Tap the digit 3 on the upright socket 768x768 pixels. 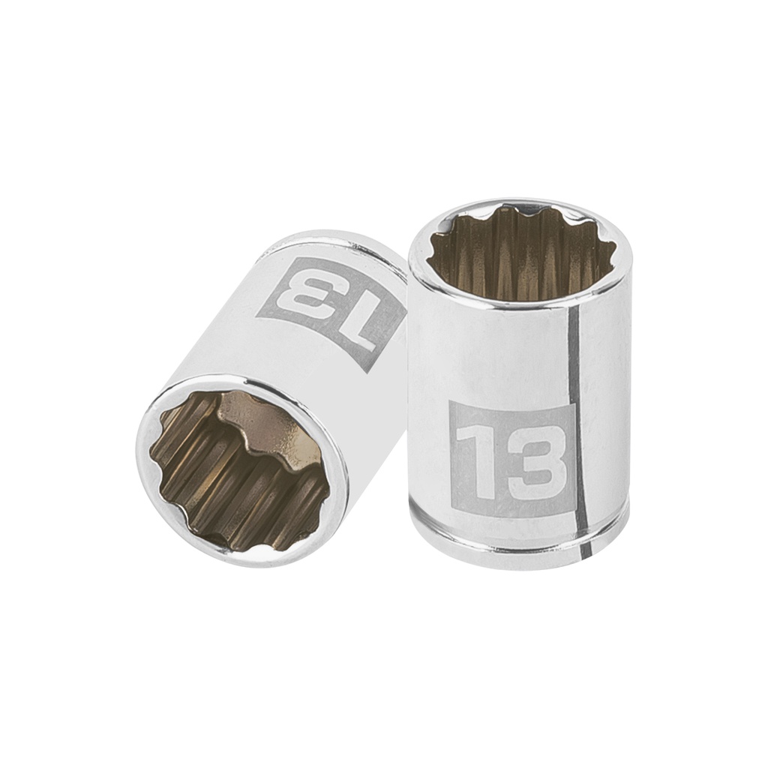click(x=535, y=463)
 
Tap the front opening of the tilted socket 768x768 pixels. click(x=238, y=469)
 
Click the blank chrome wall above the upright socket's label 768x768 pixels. click(x=487, y=352)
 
